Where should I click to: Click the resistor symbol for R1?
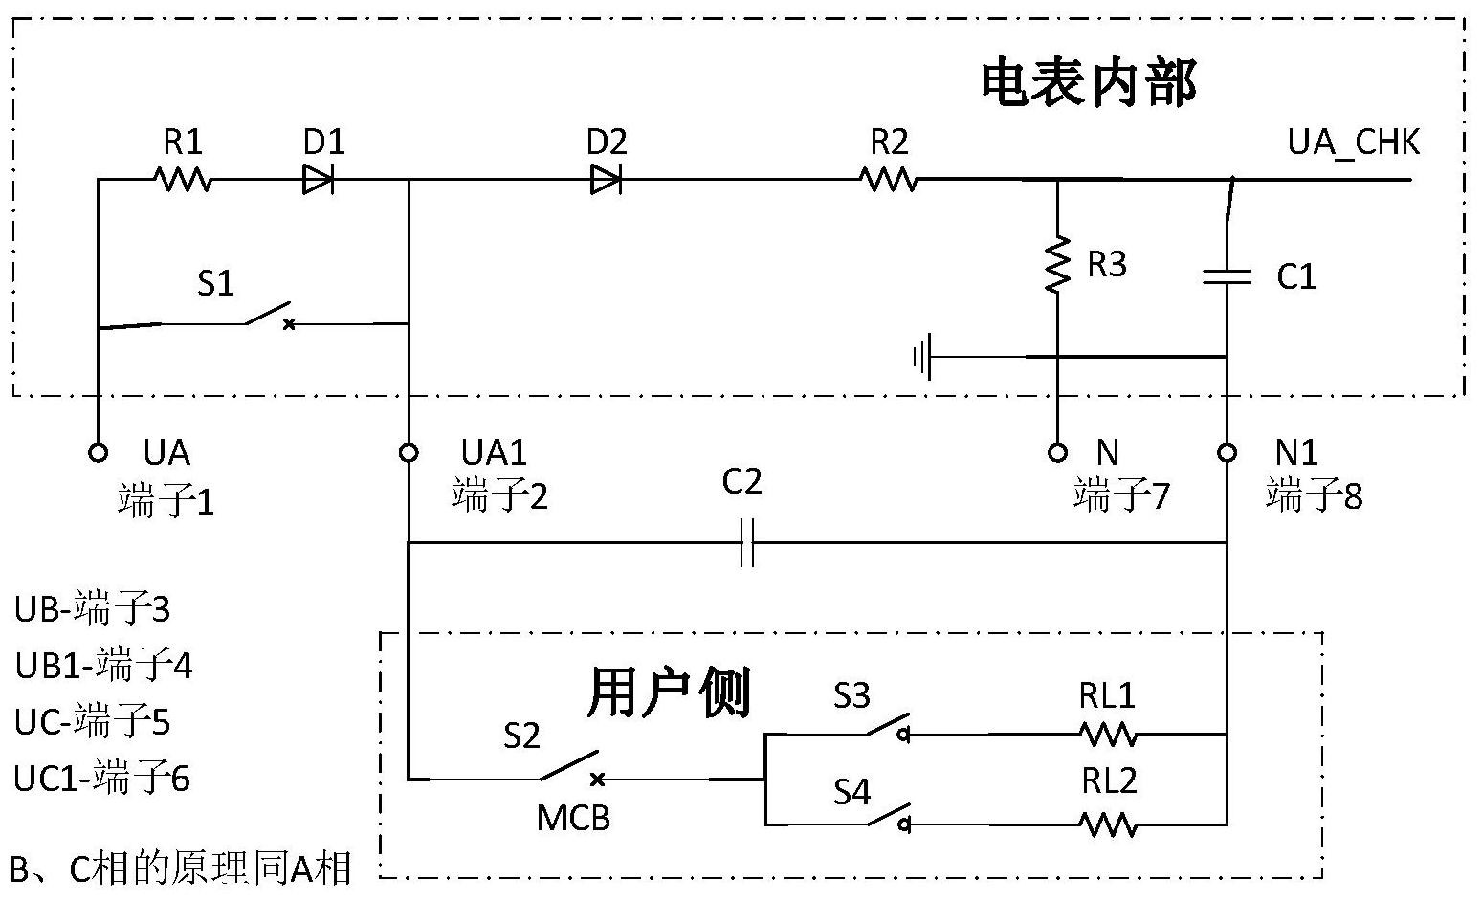pyautogui.click(x=183, y=179)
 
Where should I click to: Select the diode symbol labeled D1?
pyautogui.click(x=318, y=179)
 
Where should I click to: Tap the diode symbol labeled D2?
pyautogui.click(x=605, y=179)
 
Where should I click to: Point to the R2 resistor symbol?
pyautogui.click(x=889, y=179)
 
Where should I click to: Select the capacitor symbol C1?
pyautogui.click(x=1227, y=276)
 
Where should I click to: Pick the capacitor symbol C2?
pyautogui.click(x=747, y=543)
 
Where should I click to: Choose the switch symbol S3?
pyautogui.click(x=887, y=725)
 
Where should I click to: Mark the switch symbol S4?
pyautogui.click(x=887, y=815)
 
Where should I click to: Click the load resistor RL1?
pyautogui.click(x=1108, y=734)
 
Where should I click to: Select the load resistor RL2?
pyautogui.click(x=1108, y=824)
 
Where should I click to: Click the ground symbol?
pyautogui.click(x=922, y=358)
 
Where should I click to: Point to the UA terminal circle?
pyautogui.click(x=98, y=452)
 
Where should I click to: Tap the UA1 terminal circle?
pyautogui.click(x=409, y=452)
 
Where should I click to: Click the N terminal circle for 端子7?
pyautogui.click(x=1057, y=452)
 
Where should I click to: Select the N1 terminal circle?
pyautogui.click(x=1227, y=452)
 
